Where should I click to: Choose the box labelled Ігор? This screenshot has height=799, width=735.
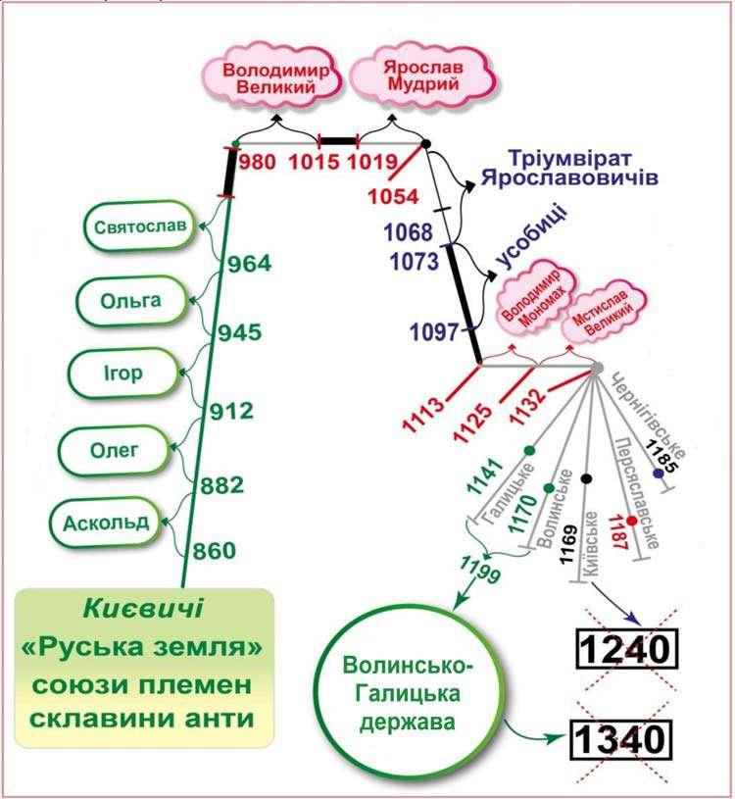coord(122,374)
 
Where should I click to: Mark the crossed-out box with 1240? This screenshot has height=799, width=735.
coord(625,648)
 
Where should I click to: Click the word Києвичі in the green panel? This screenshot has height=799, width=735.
coord(142,609)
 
